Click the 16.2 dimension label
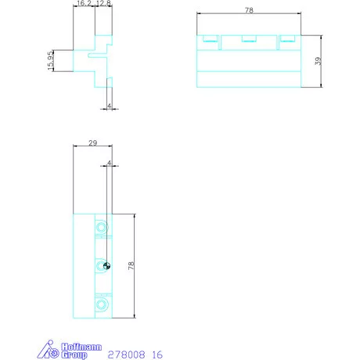click(84, 3)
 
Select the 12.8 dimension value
click(103, 3)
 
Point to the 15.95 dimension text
click(51, 60)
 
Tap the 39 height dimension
click(318, 61)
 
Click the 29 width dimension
click(92, 143)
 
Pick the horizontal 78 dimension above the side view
click(249, 10)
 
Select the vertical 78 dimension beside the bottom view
click(131, 265)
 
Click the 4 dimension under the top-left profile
click(110, 106)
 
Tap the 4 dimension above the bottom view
click(110, 163)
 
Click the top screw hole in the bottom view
click(102, 227)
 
